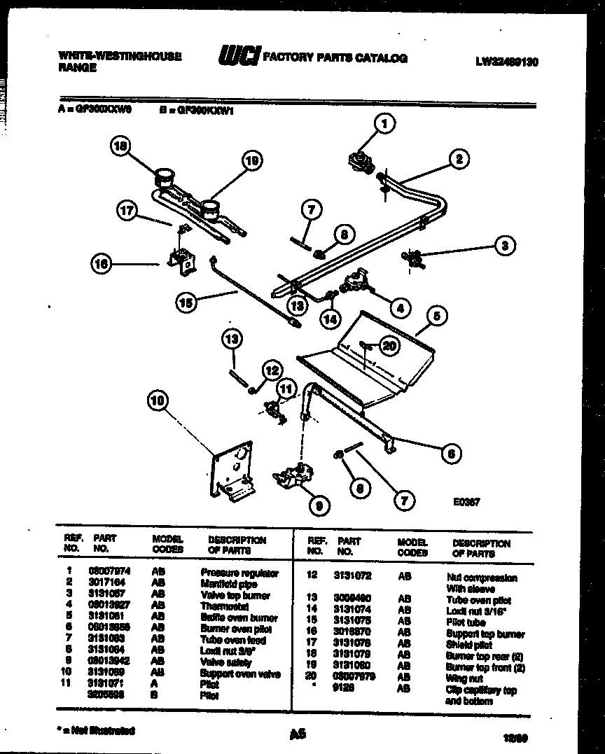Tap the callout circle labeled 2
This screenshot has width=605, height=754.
(x=459, y=159)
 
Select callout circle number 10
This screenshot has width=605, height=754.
(x=159, y=400)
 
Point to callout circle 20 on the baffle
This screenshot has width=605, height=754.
(x=389, y=344)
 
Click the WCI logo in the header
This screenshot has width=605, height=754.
(x=238, y=57)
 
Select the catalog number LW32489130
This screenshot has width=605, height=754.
(x=506, y=62)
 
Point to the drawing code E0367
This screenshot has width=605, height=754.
(x=466, y=501)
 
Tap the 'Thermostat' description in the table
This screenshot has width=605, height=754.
(x=225, y=606)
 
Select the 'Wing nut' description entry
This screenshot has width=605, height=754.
(x=465, y=678)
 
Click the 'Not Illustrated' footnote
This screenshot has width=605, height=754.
(x=98, y=730)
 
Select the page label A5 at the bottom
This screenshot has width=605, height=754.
(x=298, y=734)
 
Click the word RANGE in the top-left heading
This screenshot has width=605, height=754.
(x=77, y=68)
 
